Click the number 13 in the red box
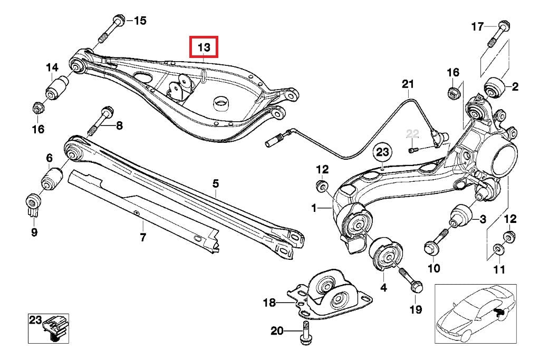[x=204, y=48]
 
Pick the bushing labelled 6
[x=52, y=179]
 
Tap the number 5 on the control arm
[x=215, y=184]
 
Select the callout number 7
[x=142, y=237]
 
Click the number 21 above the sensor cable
[x=408, y=84]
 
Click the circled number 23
[x=382, y=152]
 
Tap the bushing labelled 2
[x=495, y=87]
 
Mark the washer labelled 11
[x=498, y=249]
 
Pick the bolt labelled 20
[x=305, y=335]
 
